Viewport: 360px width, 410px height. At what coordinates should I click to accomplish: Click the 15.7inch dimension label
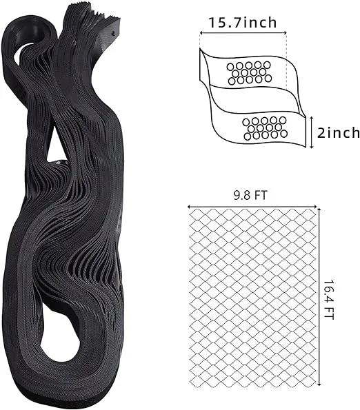click(x=242, y=23)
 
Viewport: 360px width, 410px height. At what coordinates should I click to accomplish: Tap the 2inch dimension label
click(x=339, y=132)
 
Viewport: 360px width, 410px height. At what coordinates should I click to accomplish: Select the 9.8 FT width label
click(x=250, y=195)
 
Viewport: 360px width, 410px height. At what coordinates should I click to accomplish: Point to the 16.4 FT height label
click(x=329, y=300)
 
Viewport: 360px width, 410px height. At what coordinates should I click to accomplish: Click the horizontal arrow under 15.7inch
click(x=243, y=32)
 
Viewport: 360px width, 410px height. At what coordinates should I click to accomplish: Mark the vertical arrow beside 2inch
click(x=311, y=132)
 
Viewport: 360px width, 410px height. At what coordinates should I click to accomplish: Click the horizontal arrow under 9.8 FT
click(x=252, y=207)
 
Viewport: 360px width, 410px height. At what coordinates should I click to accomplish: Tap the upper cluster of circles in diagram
click(x=249, y=73)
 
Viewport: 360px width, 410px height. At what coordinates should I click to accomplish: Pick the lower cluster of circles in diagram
click(x=265, y=128)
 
